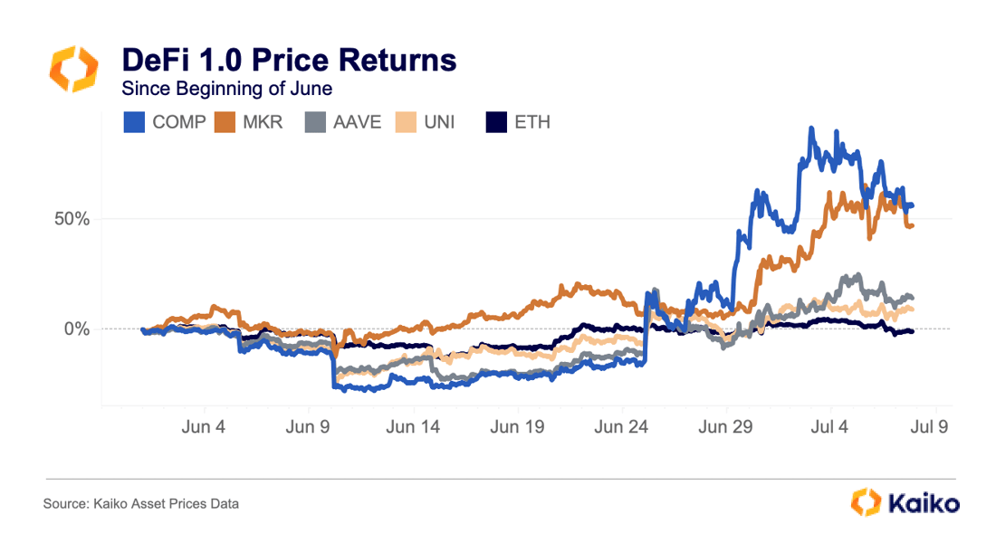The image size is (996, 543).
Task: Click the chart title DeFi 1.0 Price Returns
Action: pyautogui.click(x=289, y=61)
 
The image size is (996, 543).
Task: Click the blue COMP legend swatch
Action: pyautogui.click(x=134, y=121)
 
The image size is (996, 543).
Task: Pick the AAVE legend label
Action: pyautogui.click(x=357, y=121)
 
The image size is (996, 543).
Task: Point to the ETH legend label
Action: pyautogui.click(x=532, y=121)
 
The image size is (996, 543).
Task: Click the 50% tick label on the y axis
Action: pyautogui.click(x=69, y=219)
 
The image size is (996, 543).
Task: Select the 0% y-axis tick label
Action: pyautogui.click(x=74, y=329)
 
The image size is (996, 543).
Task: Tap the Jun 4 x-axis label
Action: pyautogui.click(x=205, y=426)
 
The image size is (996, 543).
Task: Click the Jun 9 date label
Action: pyautogui.click(x=308, y=426)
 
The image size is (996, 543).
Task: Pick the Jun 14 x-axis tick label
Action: pyautogui.click(x=413, y=426)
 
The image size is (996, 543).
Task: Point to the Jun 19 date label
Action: pyautogui.click(x=517, y=426)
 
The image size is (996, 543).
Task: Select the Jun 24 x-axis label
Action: pyautogui.click(x=621, y=426)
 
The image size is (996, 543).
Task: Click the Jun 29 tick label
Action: pyautogui.click(x=726, y=426)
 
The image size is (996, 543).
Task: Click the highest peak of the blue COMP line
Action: pyautogui.click(x=811, y=129)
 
